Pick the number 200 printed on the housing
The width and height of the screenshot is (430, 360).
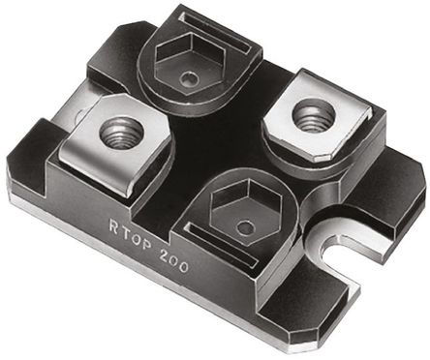click(175, 261)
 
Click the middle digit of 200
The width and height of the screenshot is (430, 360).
click(175, 261)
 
